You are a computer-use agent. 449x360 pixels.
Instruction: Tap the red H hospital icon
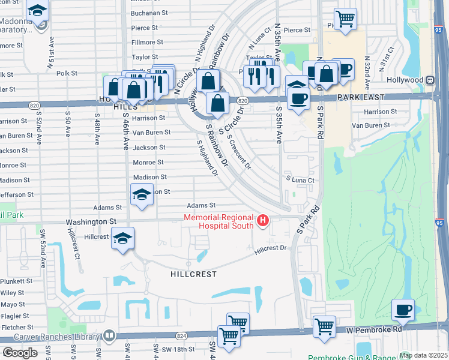point(262,221)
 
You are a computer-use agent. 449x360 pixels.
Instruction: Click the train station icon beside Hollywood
point(430,80)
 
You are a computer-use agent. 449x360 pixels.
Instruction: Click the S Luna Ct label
point(300,179)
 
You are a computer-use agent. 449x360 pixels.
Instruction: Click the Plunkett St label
point(16,281)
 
